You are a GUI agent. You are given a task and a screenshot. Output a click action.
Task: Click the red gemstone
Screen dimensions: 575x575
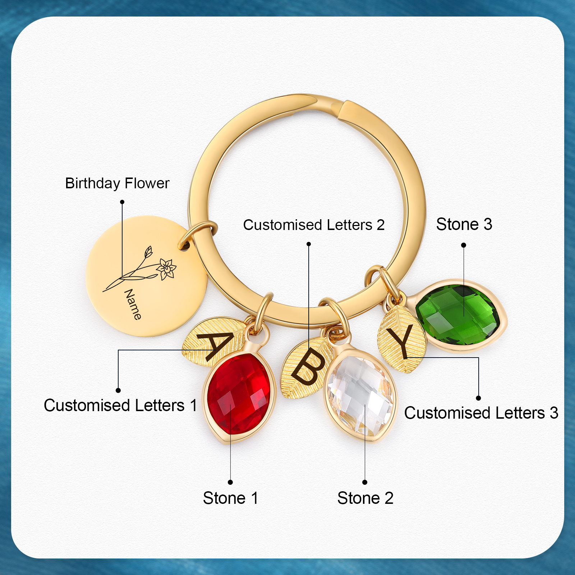point(239,394)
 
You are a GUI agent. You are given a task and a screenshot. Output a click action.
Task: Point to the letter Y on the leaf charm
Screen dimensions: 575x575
point(402,340)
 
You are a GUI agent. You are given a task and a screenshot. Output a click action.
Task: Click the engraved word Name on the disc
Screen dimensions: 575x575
point(133,304)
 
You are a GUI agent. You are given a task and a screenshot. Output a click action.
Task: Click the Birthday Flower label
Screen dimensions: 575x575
point(117,183)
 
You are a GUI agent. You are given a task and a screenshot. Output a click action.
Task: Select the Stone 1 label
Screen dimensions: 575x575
point(230,498)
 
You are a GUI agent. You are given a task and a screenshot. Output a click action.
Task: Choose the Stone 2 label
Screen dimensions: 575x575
point(365,498)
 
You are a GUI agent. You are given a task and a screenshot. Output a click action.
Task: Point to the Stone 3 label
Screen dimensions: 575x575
point(464,224)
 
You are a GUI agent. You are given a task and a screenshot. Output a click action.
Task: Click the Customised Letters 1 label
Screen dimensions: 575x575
point(120,405)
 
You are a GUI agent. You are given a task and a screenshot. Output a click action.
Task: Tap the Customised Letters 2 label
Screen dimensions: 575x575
point(314,225)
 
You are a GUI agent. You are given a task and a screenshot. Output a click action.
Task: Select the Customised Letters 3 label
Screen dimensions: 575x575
point(481,413)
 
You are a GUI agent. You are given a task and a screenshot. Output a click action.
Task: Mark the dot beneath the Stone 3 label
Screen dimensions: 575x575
point(464,245)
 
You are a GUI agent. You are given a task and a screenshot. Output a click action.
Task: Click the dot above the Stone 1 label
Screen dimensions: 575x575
point(230,482)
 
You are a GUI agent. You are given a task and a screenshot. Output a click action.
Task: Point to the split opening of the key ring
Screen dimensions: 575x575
point(340,108)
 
